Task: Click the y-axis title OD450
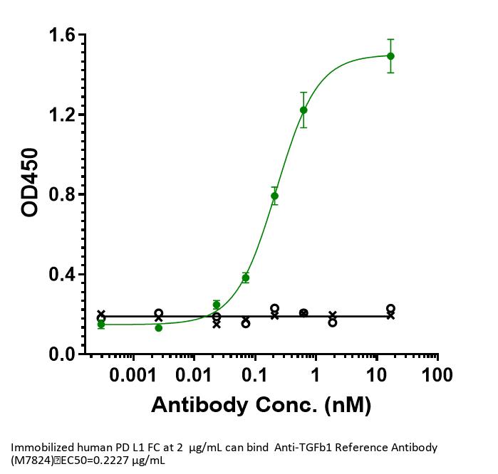pos(31,182)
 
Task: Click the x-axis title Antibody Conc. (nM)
pos(261,405)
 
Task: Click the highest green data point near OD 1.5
pos(390,56)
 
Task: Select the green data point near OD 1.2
pos(304,110)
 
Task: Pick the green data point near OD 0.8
pos(274,195)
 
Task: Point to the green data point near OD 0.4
pos(246,278)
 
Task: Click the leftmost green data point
pos(101,325)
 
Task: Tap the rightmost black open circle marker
pos(390,309)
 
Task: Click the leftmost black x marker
pos(101,314)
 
